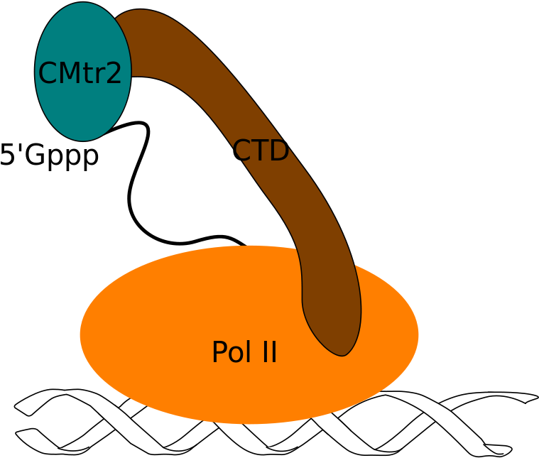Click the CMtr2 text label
click(x=80, y=74)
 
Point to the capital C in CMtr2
click(x=48, y=74)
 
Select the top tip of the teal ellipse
click(x=83, y=3)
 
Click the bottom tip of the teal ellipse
click(x=83, y=140)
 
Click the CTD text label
click(x=261, y=151)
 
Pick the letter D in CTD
click(x=279, y=151)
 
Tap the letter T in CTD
click(x=259, y=151)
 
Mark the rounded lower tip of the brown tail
click(x=344, y=354)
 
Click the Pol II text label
click(x=244, y=353)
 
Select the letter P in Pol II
click(x=219, y=353)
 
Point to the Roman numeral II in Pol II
click(x=267, y=353)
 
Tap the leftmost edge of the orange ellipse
click(x=80, y=334)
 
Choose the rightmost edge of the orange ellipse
click(x=418, y=334)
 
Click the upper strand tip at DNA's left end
click(x=16, y=409)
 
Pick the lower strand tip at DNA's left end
click(x=18, y=432)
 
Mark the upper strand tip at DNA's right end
click(x=535, y=398)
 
